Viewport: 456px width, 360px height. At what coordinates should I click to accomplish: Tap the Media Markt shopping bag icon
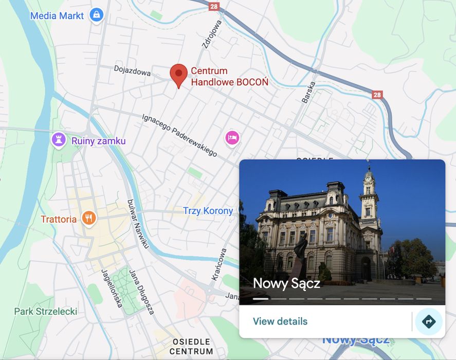(96, 15)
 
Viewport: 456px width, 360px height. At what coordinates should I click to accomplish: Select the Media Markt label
(57, 15)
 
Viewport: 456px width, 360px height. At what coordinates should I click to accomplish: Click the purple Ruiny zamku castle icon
(59, 139)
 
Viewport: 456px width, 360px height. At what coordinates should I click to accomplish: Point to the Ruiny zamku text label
(98, 141)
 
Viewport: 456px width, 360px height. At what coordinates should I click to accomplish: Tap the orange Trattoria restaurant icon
(89, 219)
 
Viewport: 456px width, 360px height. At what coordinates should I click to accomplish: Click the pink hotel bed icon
(232, 137)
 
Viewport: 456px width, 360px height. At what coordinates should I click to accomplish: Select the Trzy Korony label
(208, 211)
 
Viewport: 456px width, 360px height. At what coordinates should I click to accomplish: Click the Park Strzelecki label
(45, 311)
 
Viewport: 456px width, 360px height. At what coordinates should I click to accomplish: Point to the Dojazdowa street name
(132, 70)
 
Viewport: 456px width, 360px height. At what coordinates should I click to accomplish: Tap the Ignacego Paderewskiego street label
(179, 135)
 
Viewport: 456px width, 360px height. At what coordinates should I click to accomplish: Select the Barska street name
(308, 92)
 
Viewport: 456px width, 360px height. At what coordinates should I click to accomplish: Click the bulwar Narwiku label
(137, 224)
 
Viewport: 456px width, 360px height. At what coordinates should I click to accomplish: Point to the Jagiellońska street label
(111, 288)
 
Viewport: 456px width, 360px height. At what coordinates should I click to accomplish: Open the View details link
(280, 321)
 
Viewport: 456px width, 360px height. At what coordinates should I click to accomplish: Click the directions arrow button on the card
(428, 322)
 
